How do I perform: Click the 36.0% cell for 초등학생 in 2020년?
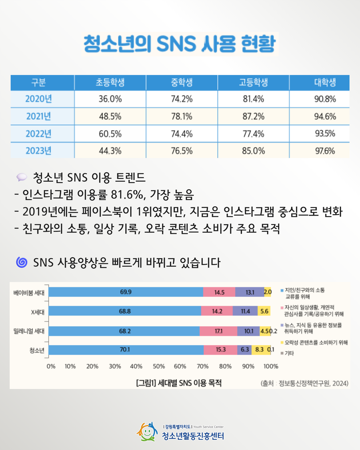[x=110, y=99]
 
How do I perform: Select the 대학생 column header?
[x=325, y=82]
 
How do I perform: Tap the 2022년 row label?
[x=39, y=134]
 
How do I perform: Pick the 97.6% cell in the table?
[x=325, y=151]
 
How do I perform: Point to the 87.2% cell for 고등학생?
[x=253, y=116]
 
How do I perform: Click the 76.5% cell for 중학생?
[x=182, y=151]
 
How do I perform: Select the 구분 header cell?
[x=39, y=82]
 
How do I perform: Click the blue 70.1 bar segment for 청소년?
[x=125, y=350]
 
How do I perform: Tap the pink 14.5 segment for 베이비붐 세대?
[x=219, y=292]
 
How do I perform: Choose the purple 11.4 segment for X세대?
[x=245, y=311]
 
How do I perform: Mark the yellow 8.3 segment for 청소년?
[x=259, y=350]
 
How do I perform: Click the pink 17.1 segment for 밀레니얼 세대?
[x=218, y=331]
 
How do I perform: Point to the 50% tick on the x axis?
[x=159, y=366]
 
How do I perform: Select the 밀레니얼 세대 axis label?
[x=29, y=331]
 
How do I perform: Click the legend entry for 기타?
[x=289, y=353]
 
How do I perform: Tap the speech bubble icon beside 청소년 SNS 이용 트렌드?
[x=22, y=177]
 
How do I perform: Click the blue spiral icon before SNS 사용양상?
[x=22, y=262]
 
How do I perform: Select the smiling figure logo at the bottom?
[x=147, y=432]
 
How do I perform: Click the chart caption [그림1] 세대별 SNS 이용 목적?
[x=179, y=383]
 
